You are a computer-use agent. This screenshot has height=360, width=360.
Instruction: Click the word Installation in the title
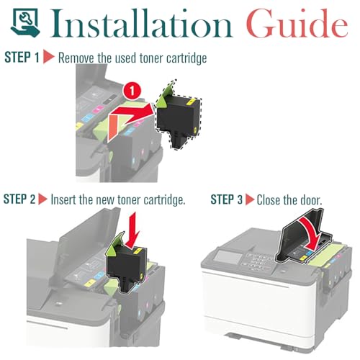coord(141,23)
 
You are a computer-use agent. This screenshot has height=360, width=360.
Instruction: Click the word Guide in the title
coord(297,23)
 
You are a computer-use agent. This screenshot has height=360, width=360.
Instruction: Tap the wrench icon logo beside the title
coord(25,22)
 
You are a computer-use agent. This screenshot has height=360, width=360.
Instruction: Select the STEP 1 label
coord(22,58)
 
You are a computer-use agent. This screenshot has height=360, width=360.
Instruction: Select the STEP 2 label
coord(19,199)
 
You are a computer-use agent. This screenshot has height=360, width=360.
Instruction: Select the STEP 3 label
coord(227,199)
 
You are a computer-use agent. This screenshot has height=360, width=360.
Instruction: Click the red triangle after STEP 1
coord(49,57)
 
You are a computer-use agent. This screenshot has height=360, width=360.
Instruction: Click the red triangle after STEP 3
coord(250,199)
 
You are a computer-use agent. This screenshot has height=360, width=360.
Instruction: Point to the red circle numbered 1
coord(132,91)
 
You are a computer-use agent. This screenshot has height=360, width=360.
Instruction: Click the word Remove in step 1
coord(76,58)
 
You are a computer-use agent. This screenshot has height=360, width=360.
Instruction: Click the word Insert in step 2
coord(63,199)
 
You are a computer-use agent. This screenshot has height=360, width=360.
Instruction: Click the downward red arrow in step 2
coord(132,230)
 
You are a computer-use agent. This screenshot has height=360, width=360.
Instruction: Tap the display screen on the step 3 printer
coord(228,258)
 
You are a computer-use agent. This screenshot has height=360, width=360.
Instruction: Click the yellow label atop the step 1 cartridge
coord(189,102)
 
